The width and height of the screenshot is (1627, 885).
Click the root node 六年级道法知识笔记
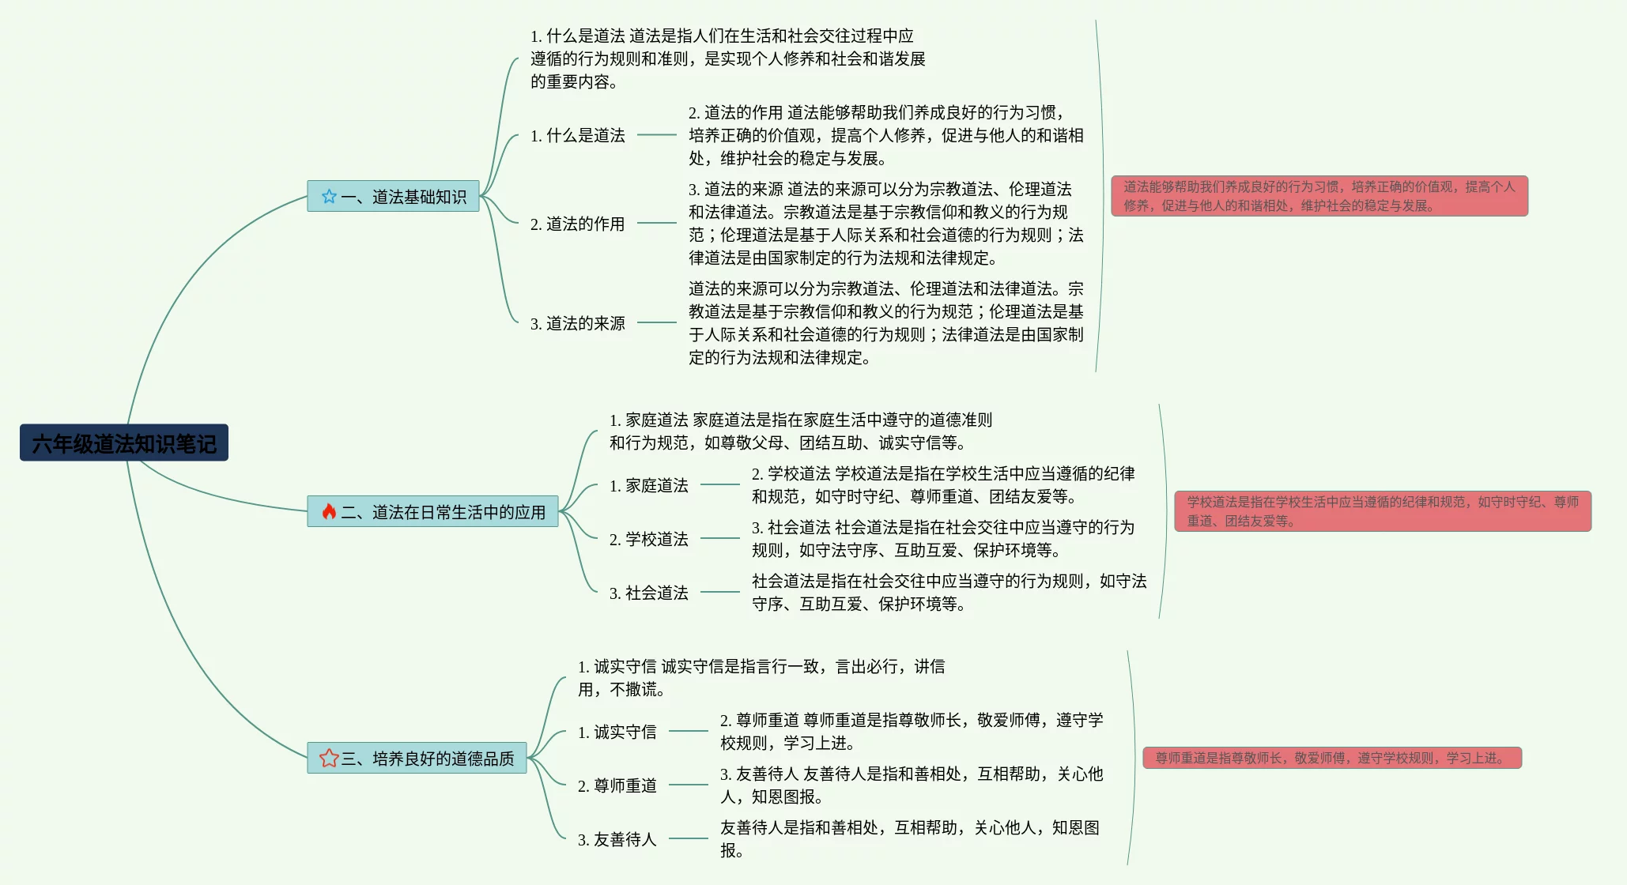[124, 443]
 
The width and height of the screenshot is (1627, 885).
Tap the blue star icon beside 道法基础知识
[329, 197]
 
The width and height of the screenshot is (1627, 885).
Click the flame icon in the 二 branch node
[329, 512]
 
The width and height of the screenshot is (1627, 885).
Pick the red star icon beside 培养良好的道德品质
[329, 759]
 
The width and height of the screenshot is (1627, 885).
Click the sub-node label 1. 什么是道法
[577, 136]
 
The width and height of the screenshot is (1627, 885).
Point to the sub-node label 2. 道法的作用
[577, 224]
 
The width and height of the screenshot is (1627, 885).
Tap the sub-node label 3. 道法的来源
[577, 324]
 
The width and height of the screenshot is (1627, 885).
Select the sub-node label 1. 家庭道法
[648, 486]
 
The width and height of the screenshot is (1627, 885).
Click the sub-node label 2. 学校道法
[648, 540]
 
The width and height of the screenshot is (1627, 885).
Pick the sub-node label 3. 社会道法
[648, 593]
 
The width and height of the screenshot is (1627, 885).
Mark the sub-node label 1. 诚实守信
[617, 732]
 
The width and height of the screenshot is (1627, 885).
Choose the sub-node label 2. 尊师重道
[617, 786]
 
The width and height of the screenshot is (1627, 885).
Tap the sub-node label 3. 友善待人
[617, 840]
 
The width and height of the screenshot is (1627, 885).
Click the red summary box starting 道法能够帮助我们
[1319, 196]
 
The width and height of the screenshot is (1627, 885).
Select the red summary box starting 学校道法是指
[1382, 511]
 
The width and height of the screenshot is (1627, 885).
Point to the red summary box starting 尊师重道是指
[1331, 758]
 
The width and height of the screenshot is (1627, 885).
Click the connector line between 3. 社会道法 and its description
[719, 592]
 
